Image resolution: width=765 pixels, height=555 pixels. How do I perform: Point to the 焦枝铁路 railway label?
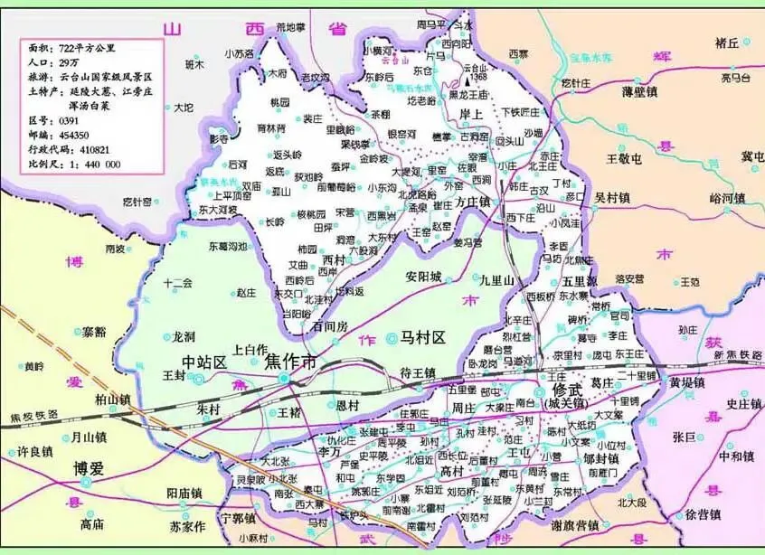tap(34, 417)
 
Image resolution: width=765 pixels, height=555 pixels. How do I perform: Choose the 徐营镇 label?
tap(702, 514)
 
